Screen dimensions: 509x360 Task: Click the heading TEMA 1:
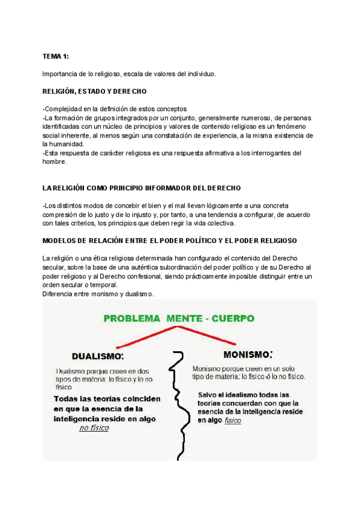click(x=55, y=56)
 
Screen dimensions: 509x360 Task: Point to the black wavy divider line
click(x=176, y=408)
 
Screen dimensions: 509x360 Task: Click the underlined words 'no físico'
click(x=94, y=429)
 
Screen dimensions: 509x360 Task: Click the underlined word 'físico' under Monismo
click(x=233, y=421)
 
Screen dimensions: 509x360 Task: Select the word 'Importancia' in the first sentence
click(x=59, y=74)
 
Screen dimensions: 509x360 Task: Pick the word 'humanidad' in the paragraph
click(x=66, y=144)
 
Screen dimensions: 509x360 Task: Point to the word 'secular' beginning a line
click(x=54, y=267)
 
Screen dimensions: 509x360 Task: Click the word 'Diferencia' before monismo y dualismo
click(x=58, y=294)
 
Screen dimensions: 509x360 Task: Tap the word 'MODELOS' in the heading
click(x=61, y=241)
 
